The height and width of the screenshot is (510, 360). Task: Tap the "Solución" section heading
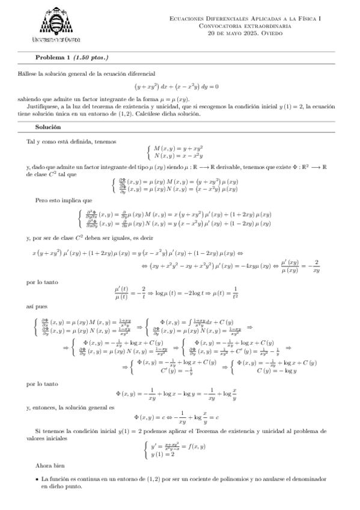[x=47, y=128]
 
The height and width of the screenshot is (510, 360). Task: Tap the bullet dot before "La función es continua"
[x=38, y=479]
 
